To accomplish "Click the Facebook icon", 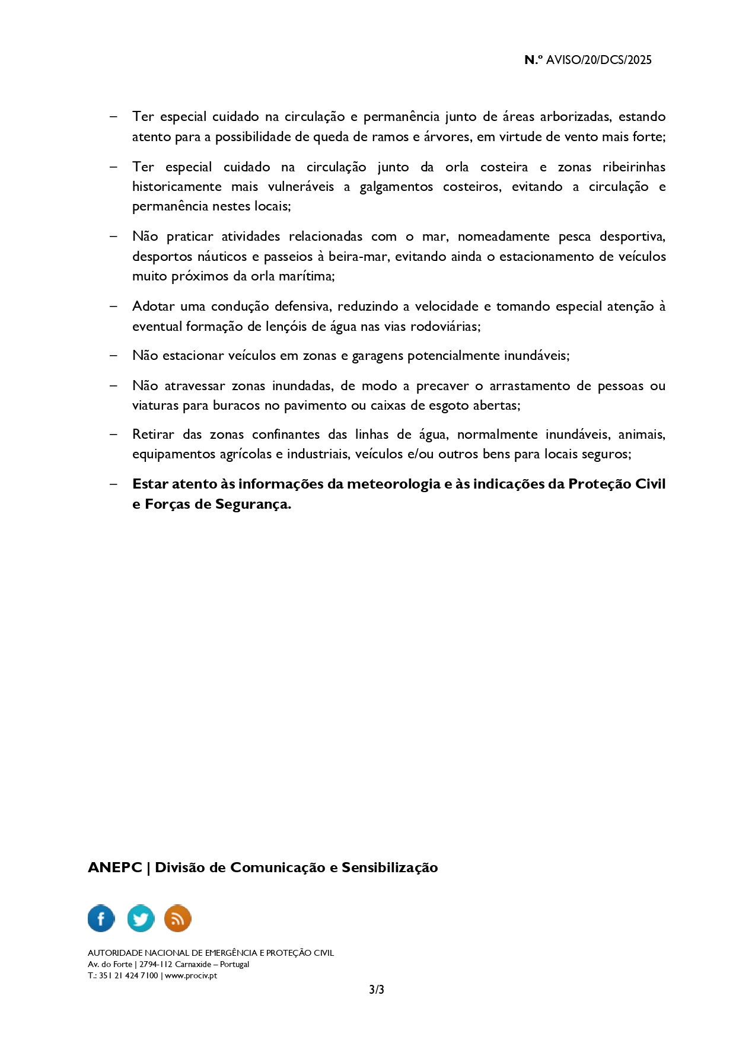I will [101, 918].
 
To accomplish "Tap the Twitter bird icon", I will [141, 918].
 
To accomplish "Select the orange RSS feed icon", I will [177, 918].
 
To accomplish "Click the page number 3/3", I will [377, 990].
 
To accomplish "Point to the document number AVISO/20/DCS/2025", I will [598, 60].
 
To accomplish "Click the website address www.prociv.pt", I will [191, 975].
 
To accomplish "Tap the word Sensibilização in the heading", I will [390, 867].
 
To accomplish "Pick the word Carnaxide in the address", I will [193, 964].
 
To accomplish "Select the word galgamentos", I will [396, 187].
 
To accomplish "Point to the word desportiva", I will [632, 237].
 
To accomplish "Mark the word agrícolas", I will [245, 454].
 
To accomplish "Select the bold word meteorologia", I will [393, 484].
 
